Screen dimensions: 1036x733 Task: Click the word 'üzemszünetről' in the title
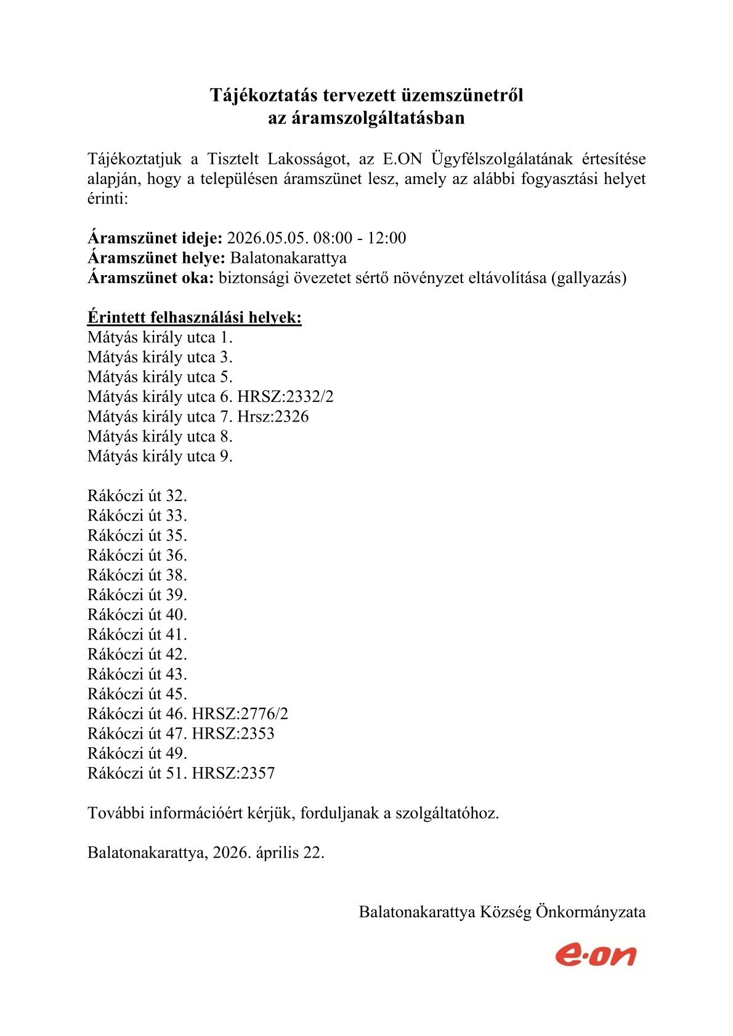462,95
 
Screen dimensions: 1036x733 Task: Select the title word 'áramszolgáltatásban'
366,118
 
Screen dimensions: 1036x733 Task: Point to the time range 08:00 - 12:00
360,238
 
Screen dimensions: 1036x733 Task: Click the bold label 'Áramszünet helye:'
156,258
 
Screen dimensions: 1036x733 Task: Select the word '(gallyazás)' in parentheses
589,278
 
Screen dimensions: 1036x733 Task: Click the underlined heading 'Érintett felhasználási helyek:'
195,318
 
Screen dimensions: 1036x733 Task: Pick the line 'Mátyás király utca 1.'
160,337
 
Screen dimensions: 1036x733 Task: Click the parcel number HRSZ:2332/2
285,397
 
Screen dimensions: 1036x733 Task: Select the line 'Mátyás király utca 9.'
160,456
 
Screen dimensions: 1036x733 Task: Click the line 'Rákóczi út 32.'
137,496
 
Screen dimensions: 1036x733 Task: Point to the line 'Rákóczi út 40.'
137,614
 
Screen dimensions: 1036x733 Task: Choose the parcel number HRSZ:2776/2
240,714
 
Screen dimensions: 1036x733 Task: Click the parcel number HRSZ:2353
233,734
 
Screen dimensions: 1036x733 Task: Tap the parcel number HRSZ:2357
233,773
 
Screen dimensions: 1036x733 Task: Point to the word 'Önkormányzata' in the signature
591,912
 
